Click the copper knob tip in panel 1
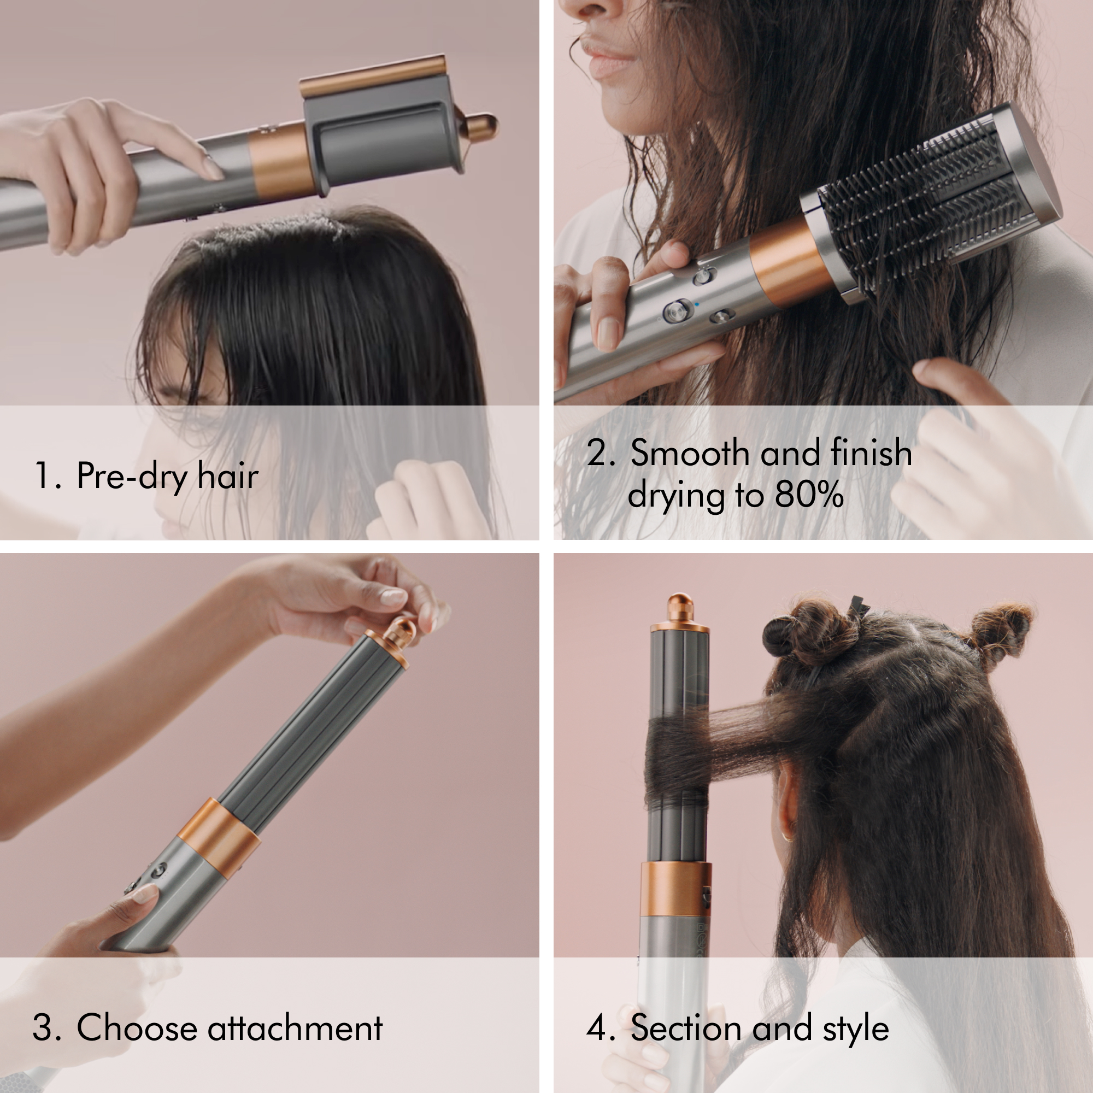pos(484,126)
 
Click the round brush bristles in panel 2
pos(916,198)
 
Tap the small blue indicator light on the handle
pos(696,304)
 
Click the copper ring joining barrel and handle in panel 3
pos(219,837)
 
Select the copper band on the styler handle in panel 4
pos(675,889)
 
